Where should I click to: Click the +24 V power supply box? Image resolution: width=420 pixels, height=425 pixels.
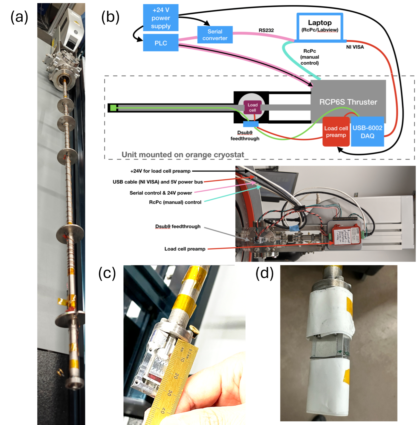pyautogui.click(x=161, y=18)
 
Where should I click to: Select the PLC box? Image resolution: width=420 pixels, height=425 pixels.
pyautogui.click(x=161, y=43)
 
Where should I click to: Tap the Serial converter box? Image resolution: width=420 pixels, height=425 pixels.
pyautogui.click(x=215, y=35)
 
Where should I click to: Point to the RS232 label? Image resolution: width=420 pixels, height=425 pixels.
pyautogui.click(x=266, y=30)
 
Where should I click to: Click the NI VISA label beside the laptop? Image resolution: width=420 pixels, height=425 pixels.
pyautogui.click(x=355, y=47)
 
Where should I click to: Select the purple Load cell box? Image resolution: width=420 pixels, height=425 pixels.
pyautogui.click(x=252, y=107)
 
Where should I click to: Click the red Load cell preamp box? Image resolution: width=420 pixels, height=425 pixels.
pyautogui.click(x=336, y=132)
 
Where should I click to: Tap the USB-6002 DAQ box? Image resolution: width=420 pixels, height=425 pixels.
pyautogui.click(x=367, y=132)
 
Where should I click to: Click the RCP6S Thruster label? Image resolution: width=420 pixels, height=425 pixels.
pyautogui.click(x=348, y=102)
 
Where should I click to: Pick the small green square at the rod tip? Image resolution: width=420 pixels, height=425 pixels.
pyautogui.click(x=113, y=108)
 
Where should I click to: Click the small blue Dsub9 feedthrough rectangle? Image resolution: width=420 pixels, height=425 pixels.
pyautogui.click(x=251, y=124)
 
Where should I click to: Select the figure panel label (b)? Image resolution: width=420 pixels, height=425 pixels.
pyautogui.click(x=110, y=17)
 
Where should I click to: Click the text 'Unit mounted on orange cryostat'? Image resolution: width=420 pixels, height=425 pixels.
pyautogui.click(x=183, y=155)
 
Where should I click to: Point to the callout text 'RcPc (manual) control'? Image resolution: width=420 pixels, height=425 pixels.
pyautogui.click(x=175, y=202)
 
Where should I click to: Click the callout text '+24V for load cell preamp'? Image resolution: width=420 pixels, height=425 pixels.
pyautogui.click(x=160, y=171)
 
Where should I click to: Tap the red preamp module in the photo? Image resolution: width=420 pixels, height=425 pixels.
pyautogui.click(x=344, y=234)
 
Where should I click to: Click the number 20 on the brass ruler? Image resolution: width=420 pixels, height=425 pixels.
pyautogui.click(x=176, y=376)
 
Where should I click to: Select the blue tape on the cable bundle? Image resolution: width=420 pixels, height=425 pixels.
pyautogui.click(x=294, y=228)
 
